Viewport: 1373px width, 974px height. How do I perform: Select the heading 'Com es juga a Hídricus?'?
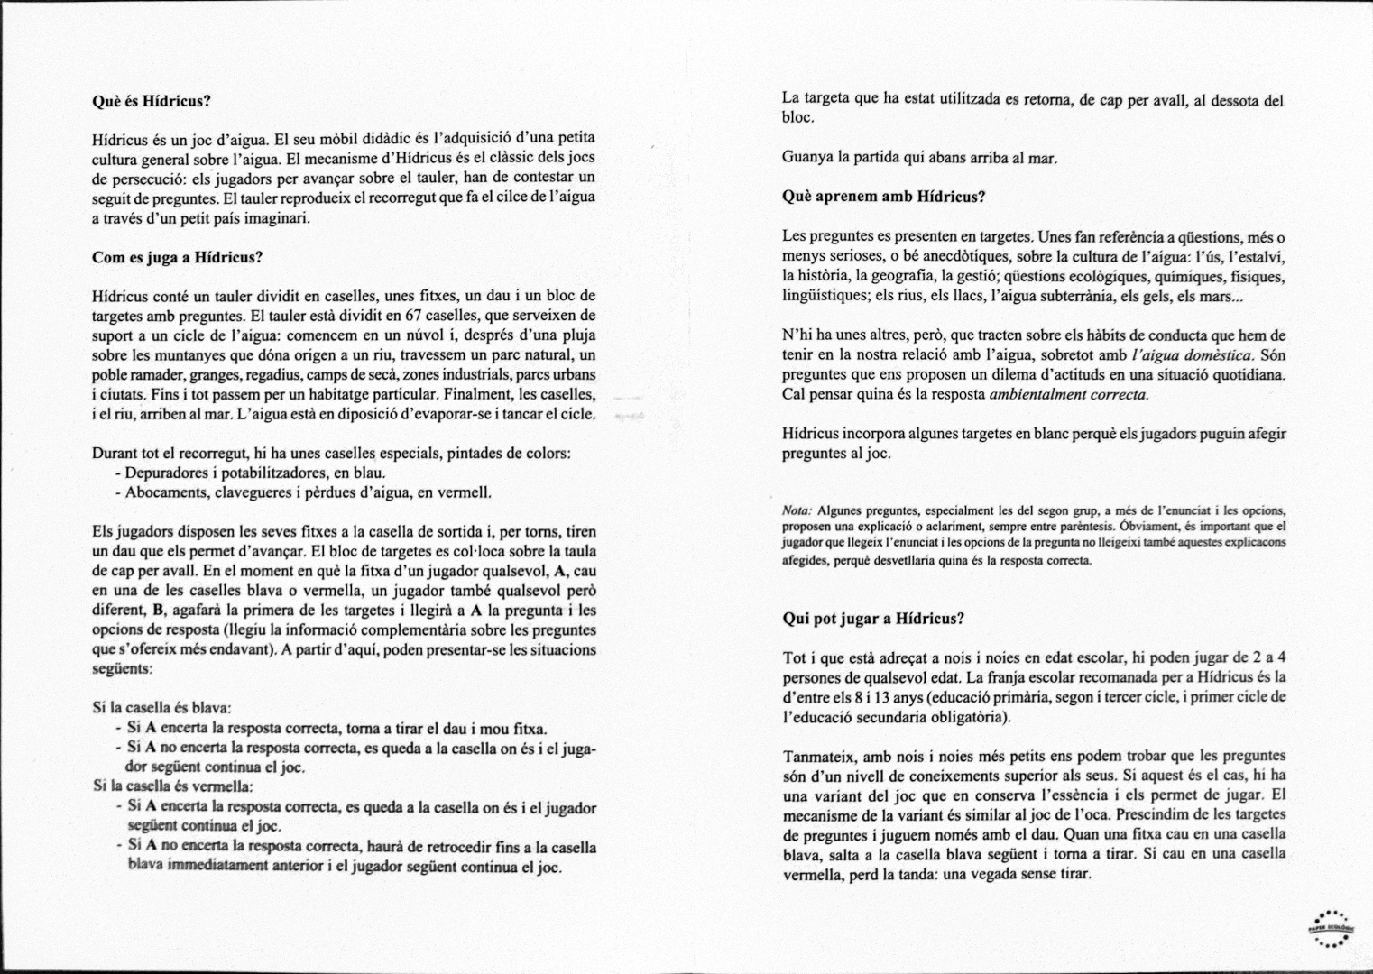click(x=177, y=257)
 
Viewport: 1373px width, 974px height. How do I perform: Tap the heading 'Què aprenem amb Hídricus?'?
click(x=883, y=197)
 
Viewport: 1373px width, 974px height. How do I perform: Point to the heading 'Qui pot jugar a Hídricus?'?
click(x=873, y=619)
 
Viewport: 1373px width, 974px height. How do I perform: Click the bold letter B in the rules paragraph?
click(x=158, y=610)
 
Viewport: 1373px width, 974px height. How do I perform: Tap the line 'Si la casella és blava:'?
click(x=162, y=709)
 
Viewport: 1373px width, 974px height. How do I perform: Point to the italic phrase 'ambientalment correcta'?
click(x=1069, y=394)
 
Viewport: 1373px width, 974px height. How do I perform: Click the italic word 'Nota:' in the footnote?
click(x=797, y=510)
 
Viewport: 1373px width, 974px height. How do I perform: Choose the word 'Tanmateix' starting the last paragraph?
click(x=814, y=756)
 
